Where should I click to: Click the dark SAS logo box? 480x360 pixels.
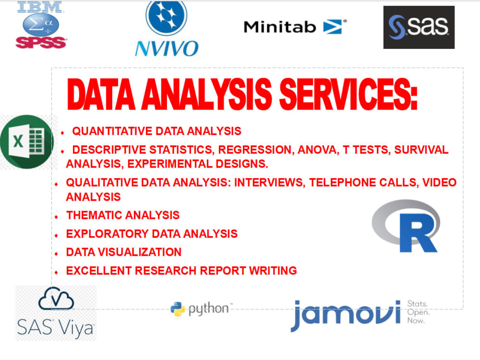[x=419, y=27]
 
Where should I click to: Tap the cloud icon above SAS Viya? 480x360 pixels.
[x=56, y=300]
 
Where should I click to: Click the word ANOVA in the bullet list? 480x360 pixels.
[x=317, y=150]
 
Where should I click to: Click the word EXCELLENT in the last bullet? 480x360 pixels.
[x=98, y=271]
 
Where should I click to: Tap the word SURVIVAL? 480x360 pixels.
[x=421, y=150]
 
